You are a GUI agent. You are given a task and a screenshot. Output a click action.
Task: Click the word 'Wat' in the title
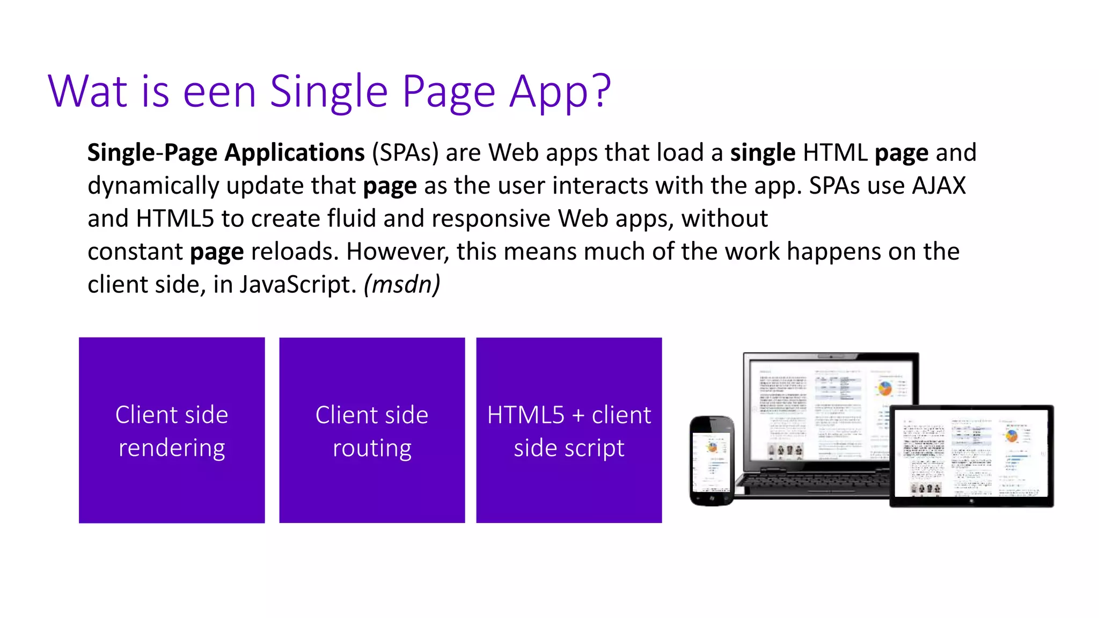[x=87, y=91]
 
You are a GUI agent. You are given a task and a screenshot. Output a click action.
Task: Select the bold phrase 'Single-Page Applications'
[x=226, y=153]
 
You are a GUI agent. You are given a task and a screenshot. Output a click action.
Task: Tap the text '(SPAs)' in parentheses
[x=405, y=153]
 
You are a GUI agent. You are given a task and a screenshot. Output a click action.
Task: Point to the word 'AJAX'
[x=939, y=186]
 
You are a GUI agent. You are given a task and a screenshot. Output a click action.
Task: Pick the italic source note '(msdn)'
[x=402, y=284]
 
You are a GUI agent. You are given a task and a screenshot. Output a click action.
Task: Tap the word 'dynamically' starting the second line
[x=153, y=186]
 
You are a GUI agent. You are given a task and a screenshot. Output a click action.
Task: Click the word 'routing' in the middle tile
[x=372, y=448]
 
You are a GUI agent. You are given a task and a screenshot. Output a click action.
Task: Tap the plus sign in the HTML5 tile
[x=578, y=416]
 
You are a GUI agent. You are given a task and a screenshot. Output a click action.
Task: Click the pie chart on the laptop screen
[x=885, y=388]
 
